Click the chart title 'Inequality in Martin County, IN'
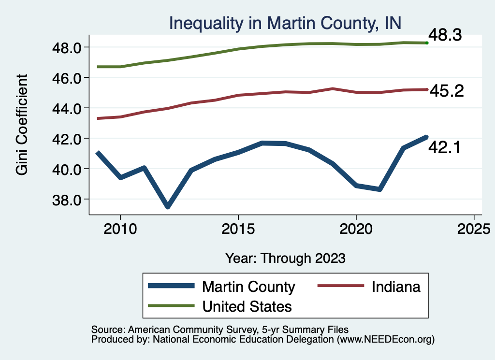(x=285, y=23)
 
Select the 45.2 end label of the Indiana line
(x=447, y=91)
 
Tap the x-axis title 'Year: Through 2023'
(x=285, y=258)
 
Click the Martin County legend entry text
(x=248, y=287)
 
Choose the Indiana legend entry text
(x=396, y=287)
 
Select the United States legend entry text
(x=247, y=306)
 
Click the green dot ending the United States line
(x=427, y=43)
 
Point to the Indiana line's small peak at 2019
(x=333, y=88)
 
